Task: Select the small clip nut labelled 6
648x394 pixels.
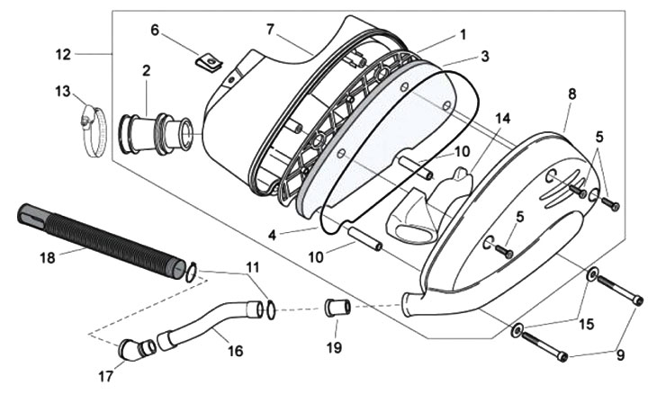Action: pos(208,63)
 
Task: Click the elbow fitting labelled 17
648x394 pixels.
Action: pos(136,348)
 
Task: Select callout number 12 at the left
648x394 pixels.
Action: pos(63,54)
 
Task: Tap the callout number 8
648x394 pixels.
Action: pos(571,94)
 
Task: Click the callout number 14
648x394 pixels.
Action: pos(502,119)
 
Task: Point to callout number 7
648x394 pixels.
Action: pos(270,30)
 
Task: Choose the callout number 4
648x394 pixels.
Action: pos(272,236)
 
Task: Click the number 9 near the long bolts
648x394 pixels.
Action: pos(620,354)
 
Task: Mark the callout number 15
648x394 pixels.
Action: pos(586,324)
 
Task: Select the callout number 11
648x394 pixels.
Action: pos(253,267)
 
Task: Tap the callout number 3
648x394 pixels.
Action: pos(485,56)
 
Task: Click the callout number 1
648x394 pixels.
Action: pos(463,35)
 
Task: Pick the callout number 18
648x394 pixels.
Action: pos(48,258)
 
